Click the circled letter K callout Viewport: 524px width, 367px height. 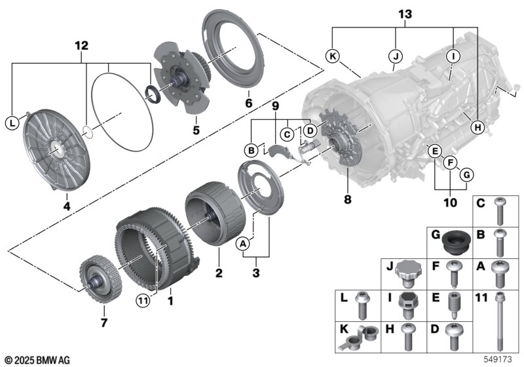pos(333,56)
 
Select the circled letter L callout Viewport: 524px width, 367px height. pos(12,123)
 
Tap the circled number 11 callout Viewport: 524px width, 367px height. pos(143,301)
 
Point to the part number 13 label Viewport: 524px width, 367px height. pos(405,14)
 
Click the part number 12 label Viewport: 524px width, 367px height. pos(81,45)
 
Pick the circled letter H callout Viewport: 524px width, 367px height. pos(477,127)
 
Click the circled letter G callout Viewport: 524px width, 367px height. pos(466,174)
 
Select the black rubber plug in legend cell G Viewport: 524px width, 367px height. pos(456,243)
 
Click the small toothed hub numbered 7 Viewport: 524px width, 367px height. pos(101,279)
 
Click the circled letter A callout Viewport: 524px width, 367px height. pos(243,244)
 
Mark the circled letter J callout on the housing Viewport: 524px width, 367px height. pos(396,56)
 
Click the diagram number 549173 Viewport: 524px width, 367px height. pos(498,359)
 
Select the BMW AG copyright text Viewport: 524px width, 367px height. pos(38,360)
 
